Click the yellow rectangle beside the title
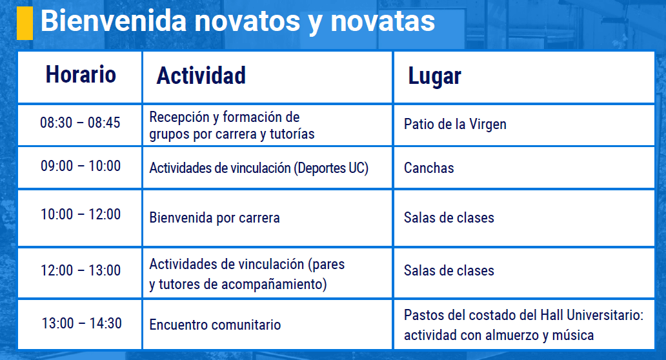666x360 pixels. tap(25, 23)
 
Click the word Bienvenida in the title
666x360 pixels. tap(114, 21)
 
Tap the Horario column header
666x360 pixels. tap(81, 75)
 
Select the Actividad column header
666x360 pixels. tap(201, 75)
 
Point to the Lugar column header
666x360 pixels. tap(434, 77)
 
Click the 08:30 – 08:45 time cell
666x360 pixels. tap(80, 123)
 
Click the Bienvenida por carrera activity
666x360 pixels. tap(214, 218)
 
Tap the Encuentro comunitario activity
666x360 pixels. tap(215, 325)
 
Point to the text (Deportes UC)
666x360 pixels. tap(331, 168)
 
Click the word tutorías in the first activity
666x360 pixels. tap(292, 134)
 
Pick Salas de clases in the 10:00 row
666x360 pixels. tap(449, 218)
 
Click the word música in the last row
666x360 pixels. tap(572, 335)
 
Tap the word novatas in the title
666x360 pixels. tap(383, 21)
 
